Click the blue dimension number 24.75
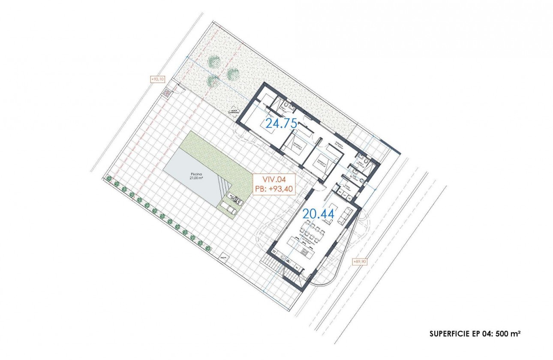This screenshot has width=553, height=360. click(281, 123)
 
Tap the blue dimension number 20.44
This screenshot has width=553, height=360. click(319, 213)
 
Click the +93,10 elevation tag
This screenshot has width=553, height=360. click(156, 79)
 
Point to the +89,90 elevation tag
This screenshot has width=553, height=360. click(359, 261)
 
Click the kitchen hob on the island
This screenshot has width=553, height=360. click(306, 252)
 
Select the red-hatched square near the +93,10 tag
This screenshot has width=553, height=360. click(165, 93)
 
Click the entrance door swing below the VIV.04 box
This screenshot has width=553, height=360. click(319, 185)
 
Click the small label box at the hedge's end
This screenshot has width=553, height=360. click(223, 258)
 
